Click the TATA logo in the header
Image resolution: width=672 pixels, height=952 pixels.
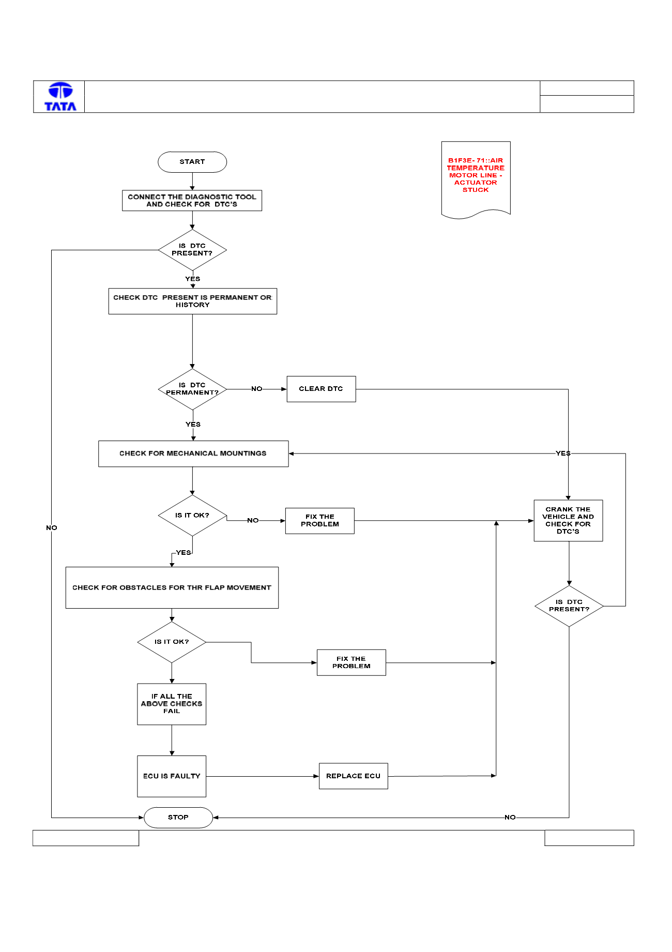(x=60, y=97)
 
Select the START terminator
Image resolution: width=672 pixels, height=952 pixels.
(x=192, y=162)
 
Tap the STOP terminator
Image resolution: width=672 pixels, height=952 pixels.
(x=178, y=817)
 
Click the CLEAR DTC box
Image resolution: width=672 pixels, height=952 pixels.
(x=321, y=389)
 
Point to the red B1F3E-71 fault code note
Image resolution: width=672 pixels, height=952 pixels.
(x=476, y=179)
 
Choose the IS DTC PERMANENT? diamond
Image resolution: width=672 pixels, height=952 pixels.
(x=192, y=389)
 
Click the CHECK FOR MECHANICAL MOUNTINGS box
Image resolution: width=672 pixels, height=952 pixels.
(x=193, y=454)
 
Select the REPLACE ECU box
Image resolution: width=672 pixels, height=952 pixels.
(x=353, y=776)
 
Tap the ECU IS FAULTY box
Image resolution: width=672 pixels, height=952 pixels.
(x=172, y=776)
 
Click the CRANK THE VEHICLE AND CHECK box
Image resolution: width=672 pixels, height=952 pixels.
(x=568, y=520)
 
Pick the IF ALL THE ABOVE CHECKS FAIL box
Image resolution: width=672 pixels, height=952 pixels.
(x=172, y=704)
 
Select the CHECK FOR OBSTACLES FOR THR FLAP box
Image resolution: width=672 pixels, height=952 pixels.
(x=172, y=587)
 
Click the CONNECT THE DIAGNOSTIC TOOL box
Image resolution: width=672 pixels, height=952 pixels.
(x=192, y=201)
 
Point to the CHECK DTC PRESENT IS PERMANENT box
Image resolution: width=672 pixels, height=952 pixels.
(x=193, y=301)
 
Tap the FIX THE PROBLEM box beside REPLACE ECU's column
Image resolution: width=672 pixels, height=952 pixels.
(x=352, y=662)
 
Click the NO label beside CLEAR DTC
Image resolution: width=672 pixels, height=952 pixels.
(x=257, y=389)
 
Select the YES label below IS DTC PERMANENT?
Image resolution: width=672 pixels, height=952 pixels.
(x=193, y=425)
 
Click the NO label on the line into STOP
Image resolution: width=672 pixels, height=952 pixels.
(x=510, y=818)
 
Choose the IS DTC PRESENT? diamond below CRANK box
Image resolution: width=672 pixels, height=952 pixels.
(x=569, y=606)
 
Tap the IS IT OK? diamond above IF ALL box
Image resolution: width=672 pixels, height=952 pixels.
(x=172, y=642)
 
